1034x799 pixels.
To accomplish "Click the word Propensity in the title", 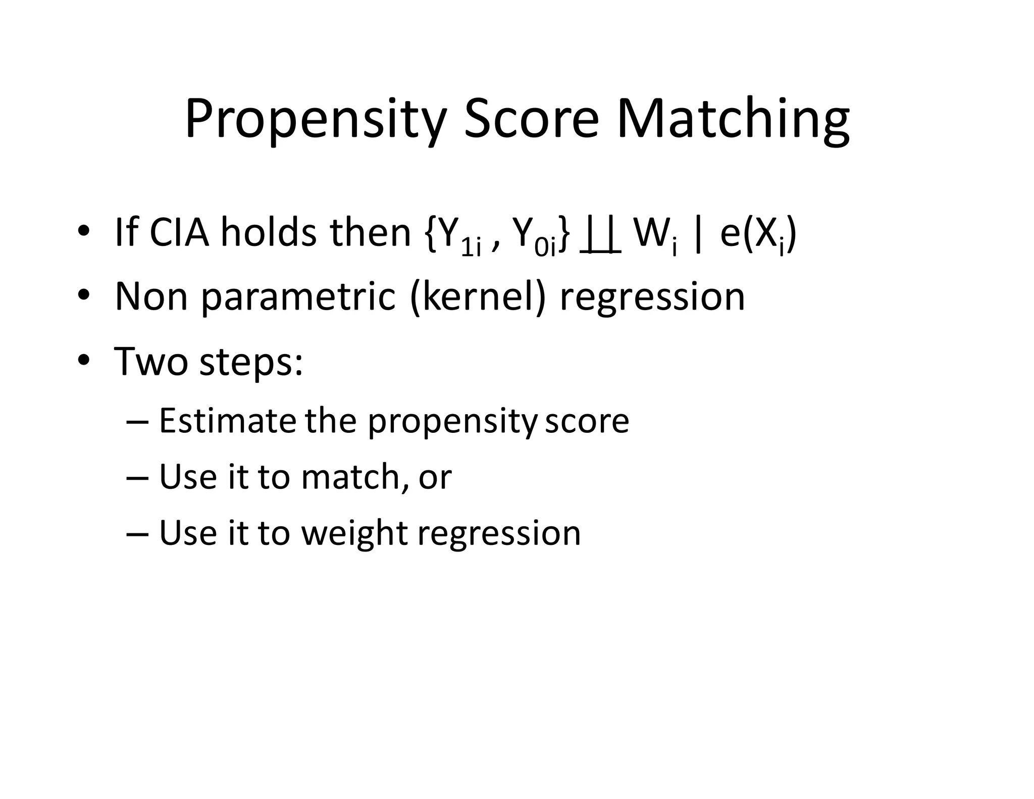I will coord(316,120).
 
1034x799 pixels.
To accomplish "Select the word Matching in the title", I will coord(733,120).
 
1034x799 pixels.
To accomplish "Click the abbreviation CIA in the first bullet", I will coord(179,233).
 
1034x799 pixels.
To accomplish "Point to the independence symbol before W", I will coord(600,237).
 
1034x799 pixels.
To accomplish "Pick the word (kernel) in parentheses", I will coord(478,297).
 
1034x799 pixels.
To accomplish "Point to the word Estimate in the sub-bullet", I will coord(227,421).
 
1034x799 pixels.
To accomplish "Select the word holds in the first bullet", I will coord(269,233).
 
